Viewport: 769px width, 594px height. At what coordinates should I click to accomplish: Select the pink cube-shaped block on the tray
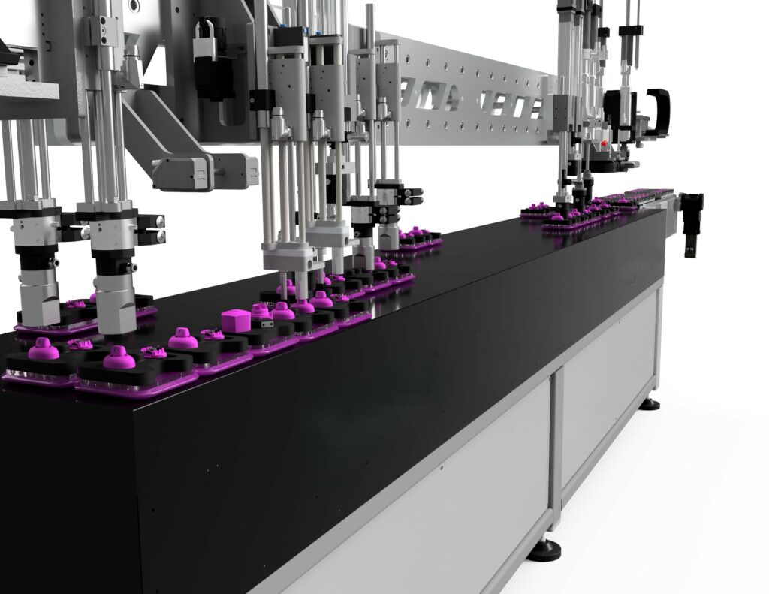[236, 321]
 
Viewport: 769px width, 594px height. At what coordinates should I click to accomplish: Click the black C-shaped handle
[659, 112]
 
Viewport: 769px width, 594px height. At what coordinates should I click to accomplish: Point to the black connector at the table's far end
[692, 215]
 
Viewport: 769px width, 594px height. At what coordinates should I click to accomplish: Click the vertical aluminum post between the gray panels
[556, 443]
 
